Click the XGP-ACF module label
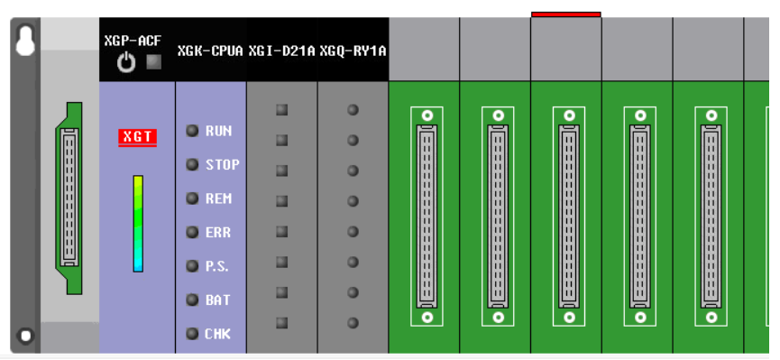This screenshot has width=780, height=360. click(133, 42)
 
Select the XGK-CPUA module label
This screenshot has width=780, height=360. click(210, 51)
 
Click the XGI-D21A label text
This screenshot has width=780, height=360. click(281, 51)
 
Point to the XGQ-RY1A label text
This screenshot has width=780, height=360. click(353, 51)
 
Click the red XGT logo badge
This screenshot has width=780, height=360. click(138, 137)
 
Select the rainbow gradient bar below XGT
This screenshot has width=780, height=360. click(138, 223)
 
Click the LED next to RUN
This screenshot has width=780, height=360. click(192, 131)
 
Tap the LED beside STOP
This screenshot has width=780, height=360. click(192, 164)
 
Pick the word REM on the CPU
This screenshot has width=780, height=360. click(218, 198)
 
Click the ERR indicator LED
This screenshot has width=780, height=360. click(192, 232)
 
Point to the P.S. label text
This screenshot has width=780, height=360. click(217, 266)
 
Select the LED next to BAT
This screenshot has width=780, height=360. click(192, 300)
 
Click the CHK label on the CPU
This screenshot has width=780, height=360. click(218, 334)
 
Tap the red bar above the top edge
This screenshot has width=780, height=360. click(565, 14)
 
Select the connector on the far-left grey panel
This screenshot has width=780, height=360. click(69, 198)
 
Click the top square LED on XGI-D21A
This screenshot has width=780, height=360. click(281, 110)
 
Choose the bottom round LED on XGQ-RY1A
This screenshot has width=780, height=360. click(353, 322)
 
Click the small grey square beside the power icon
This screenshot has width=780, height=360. click(152, 62)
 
